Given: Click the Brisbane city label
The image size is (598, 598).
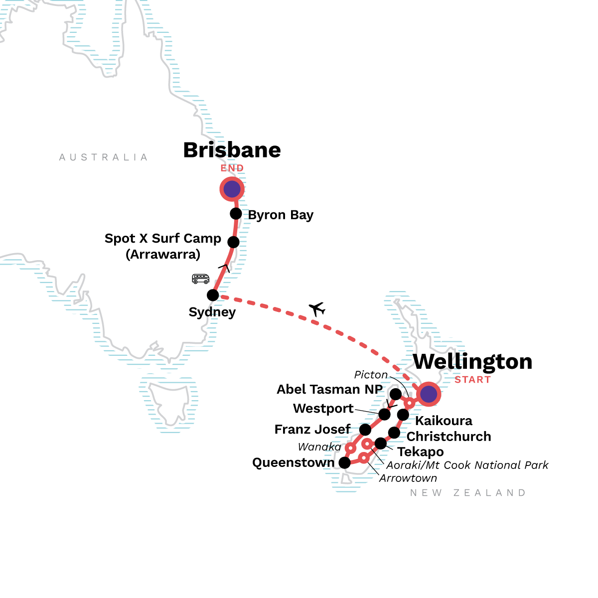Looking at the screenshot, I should (x=232, y=150).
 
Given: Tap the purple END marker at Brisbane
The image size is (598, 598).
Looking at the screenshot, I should (x=232, y=189).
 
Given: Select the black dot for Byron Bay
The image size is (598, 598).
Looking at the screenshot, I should (x=236, y=214).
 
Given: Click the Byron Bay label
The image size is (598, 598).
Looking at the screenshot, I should (x=281, y=215).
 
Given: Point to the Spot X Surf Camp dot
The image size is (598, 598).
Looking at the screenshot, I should (x=233, y=242).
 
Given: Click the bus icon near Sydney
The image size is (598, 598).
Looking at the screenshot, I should (x=200, y=279).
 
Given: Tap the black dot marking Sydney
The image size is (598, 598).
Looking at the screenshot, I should (x=213, y=295).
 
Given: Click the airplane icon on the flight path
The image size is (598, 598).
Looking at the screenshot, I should (x=316, y=309).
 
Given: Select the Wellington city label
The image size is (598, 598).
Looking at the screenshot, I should (x=472, y=362).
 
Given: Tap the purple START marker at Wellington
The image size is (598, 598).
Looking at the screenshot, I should (x=429, y=394).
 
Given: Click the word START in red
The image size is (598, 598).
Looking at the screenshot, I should (x=472, y=380).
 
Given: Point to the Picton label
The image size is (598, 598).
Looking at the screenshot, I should (x=371, y=375).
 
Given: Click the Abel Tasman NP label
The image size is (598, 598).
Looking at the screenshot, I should (x=329, y=389).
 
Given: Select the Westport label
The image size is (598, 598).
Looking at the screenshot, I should (x=323, y=409).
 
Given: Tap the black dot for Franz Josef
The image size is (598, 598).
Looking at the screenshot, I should (x=365, y=430).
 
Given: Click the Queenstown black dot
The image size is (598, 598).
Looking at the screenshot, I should (x=344, y=463).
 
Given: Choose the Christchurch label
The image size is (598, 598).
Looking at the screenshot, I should (x=448, y=437).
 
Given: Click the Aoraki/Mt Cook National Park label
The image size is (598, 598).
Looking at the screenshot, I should (x=467, y=465).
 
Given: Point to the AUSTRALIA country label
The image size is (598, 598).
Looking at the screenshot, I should (x=104, y=157).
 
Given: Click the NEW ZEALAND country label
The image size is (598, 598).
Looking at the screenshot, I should (x=468, y=493).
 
